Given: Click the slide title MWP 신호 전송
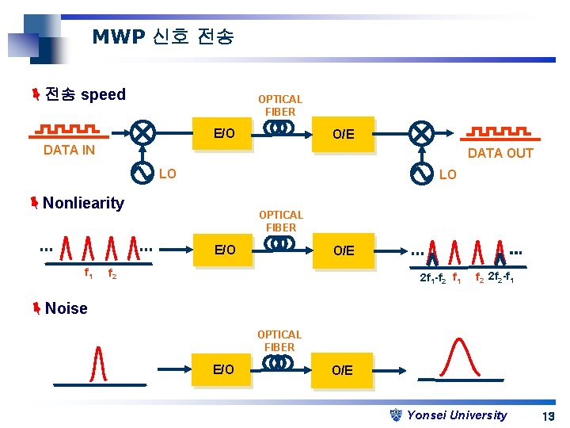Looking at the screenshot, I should click(163, 36).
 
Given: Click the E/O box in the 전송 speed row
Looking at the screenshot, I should click(225, 133).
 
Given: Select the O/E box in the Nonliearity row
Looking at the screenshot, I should click(343, 250).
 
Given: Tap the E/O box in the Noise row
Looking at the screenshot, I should click(224, 370).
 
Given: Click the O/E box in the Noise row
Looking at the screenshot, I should click(342, 370).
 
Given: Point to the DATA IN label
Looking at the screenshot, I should click(69, 150).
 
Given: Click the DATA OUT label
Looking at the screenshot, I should click(500, 153).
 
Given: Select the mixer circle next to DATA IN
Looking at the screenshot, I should click(142, 132).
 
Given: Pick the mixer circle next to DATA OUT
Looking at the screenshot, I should click(422, 132).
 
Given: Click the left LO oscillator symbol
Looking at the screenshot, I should click(142, 172).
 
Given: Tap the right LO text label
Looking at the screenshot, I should click(448, 174).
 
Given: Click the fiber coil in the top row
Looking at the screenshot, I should click(279, 128).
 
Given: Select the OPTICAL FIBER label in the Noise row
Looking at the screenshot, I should click(279, 341).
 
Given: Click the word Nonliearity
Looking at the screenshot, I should click(83, 203).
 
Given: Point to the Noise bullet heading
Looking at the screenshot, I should click(66, 308).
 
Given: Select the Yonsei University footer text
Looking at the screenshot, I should click(457, 415).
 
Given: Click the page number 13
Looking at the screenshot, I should click(547, 416).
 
